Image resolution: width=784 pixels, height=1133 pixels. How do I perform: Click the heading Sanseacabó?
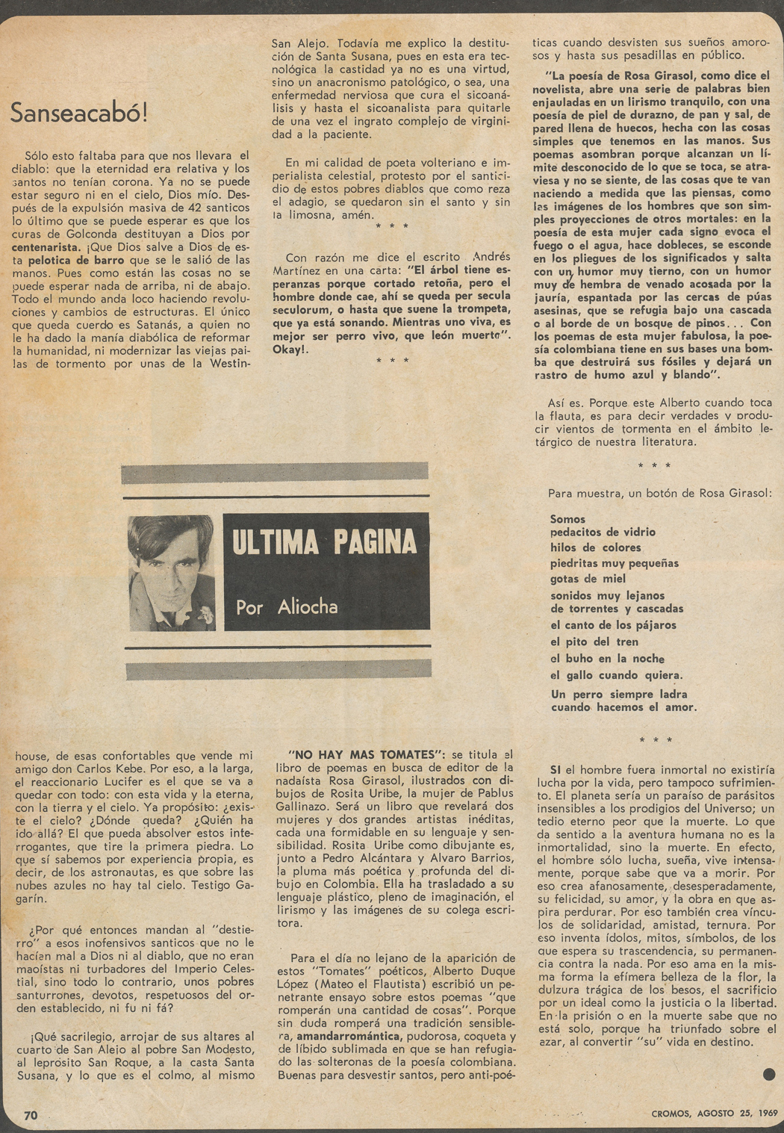[79, 113]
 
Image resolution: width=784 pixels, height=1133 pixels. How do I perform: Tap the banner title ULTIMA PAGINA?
[324, 542]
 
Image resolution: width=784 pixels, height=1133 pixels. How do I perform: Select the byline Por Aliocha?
[287, 606]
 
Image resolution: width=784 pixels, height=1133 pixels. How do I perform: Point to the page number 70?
[31, 1115]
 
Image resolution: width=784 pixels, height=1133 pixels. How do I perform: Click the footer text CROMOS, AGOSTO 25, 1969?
[704, 1114]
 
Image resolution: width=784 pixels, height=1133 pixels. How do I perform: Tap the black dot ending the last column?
[770, 1075]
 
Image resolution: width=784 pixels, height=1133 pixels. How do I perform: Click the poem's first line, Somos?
[567, 519]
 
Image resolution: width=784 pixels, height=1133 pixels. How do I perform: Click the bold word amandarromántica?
[349, 1037]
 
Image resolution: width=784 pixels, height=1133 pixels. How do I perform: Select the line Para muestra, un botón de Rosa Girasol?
[660, 493]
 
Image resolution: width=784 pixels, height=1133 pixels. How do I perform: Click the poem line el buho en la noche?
[607, 659]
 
